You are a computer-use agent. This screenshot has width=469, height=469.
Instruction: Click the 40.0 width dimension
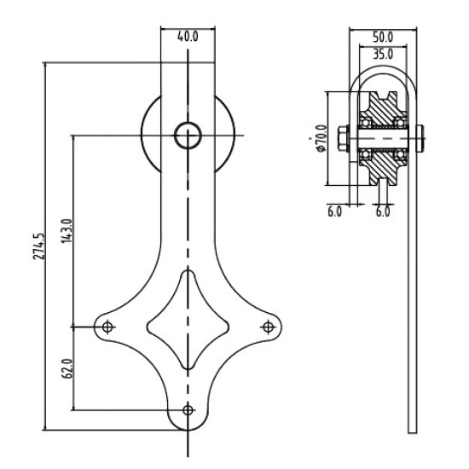click(x=188, y=37)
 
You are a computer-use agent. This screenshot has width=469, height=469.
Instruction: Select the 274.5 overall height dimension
click(x=39, y=246)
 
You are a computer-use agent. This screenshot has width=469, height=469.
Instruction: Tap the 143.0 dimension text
click(x=67, y=231)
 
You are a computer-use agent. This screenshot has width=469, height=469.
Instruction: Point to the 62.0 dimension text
click(x=67, y=368)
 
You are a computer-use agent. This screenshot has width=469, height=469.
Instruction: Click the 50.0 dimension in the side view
click(x=383, y=37)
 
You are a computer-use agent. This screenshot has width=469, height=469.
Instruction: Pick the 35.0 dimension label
click(x=383, y=54)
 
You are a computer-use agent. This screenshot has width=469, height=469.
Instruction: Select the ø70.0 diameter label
click(x=321, y=138)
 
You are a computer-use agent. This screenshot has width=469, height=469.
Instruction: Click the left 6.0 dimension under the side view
click(x=334, y=211)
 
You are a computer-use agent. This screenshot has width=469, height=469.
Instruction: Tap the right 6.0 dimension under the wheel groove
click(x=383, y=211)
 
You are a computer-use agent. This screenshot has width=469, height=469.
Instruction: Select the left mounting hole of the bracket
click(x=107, y=327)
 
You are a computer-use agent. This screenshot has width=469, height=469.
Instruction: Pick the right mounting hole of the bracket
click(x=268, y=327)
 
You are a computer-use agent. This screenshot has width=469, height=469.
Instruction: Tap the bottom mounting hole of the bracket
click(x=188, y=410)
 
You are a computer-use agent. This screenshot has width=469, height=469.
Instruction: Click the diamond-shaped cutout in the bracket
click(x=188, y=271)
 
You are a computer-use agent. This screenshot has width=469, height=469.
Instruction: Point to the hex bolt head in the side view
click(x=344, y=138)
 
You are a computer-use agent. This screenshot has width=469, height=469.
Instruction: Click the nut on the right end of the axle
click(x=420, y=138)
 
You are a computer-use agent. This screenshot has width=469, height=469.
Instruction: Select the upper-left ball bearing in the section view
click(x=365, y=122)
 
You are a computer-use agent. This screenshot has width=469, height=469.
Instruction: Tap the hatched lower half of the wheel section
click(x=383, y=165)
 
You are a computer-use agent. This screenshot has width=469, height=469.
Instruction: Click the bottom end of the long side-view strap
click(x=413, y=432)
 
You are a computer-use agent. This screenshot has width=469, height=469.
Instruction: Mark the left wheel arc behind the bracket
click(x=142, y=135)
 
